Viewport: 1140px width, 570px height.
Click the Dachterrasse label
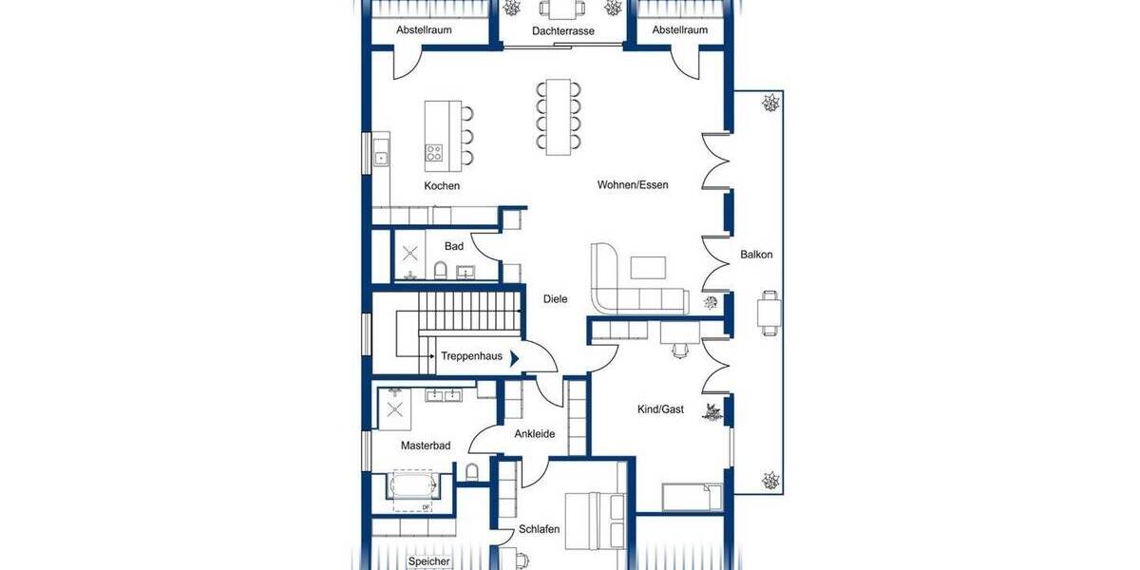(563, 31)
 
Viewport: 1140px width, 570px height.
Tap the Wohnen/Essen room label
(633, 185)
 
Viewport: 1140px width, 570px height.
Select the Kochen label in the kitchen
(442, 186)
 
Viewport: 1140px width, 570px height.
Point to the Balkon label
(756, 255)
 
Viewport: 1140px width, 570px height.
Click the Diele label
(555, 299)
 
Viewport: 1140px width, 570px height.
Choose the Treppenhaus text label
(471, 356)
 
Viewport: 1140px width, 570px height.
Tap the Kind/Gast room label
(660, 409)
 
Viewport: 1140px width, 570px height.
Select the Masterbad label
(425, 446)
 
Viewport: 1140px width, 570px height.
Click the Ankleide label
(534, 434)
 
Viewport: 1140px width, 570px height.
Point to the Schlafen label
(539, 529)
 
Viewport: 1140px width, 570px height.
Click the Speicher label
(428, 561)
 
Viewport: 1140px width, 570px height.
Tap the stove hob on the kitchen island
(435, 153)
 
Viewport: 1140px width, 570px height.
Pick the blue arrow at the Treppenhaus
(514, 358)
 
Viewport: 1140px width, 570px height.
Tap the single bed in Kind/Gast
(691, 497)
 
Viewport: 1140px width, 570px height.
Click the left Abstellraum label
(424, 30)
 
